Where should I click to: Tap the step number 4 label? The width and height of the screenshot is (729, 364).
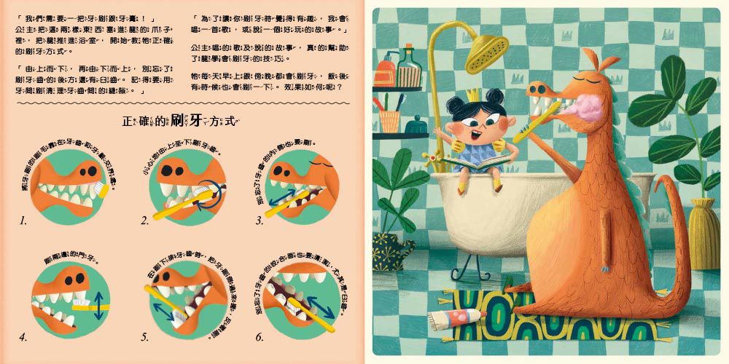pyautogui.click(x=23, y=337)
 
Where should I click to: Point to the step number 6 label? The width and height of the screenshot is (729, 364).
pyautogui.click(x=260, y=337)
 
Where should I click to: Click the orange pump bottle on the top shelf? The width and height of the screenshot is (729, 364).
pyautogui.click(x=386, y=71)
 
